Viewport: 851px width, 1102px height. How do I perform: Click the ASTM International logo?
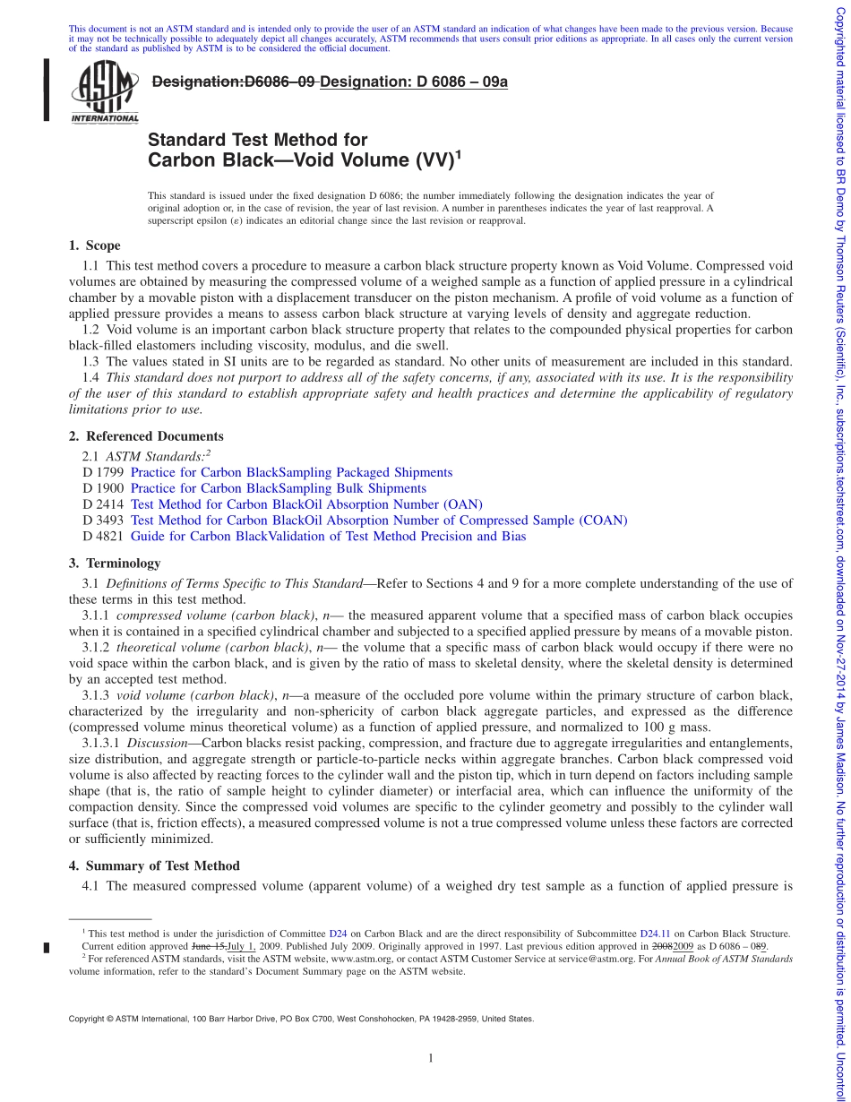(105, 91)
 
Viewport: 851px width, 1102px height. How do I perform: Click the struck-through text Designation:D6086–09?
(234, 82)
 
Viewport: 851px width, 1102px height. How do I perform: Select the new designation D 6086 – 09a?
(414, 82)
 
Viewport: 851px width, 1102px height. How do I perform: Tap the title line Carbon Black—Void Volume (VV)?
(302, 161)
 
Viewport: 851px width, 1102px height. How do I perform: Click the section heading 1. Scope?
(94, 245)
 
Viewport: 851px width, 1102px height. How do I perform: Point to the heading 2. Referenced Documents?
(146, 436)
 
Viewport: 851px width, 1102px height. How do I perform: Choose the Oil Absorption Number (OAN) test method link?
(306, 504)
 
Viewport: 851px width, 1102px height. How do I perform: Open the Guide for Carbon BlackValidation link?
(328, 537)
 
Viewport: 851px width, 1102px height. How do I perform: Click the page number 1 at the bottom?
(431, 1059)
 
